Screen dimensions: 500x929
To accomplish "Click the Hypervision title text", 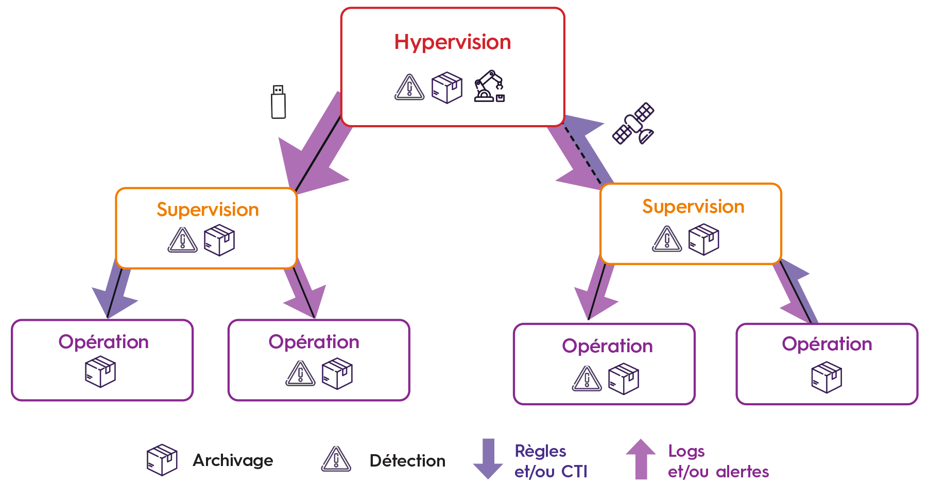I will pyautogui.click(x=452, y=42).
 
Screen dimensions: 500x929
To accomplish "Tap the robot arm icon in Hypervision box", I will pyautogui.click(x=489, y=87).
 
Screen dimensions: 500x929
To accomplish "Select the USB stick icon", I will pyautogui.click(x=278, y=102).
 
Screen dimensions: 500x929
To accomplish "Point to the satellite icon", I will pyautogui.click(x=633, y=124).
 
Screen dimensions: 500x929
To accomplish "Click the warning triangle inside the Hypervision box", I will pyautogui.click(x=409, y=87).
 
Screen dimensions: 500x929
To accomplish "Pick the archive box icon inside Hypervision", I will pyautogui.click(x=446, y=88).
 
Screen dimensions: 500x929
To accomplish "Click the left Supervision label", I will pyautogui.click(x=208, y=210).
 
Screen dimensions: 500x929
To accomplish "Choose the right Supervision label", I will pyautogui.click(x=693, y=206).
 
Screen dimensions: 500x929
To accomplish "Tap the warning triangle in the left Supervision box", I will pyautogui.click(x=182, y=240).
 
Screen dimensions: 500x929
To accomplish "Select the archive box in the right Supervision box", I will pyautogui.click(x=703, y=239).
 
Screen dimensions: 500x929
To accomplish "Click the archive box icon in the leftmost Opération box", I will pyautogui.click(x=100, y=372).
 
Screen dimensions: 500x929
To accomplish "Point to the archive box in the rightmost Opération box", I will pyautogui.click(x=827, y=377).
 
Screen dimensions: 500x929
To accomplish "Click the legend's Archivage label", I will pyautogui.click(x=233, y=460).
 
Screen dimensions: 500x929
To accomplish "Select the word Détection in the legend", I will pyautogui.click(x=407, y=461).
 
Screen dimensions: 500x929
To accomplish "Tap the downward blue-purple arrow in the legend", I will pyautogui.click(x=488, y=459).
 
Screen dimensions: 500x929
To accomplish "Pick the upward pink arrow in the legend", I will pyautogui.click(x=641, y=458).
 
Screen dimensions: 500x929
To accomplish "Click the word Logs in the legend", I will pyautogui.click(x=686, y=452).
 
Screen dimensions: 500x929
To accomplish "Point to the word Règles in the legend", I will pyautogui.click(x=540, y=452).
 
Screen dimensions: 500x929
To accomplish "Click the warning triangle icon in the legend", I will pyautogui.click(x=336, y=459).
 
